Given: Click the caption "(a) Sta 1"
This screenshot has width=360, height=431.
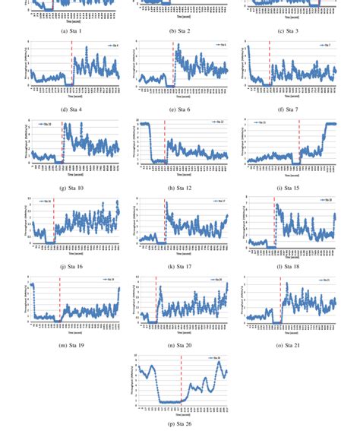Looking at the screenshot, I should coord(72,30).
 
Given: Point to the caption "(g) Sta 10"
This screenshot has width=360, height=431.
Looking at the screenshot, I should coord(72,188).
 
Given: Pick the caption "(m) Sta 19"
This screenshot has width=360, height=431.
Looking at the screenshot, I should coord(72,345).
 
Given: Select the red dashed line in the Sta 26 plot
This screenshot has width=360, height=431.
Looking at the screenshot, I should coord(182,380).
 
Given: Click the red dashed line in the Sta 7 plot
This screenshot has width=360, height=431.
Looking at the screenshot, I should coord(269,65).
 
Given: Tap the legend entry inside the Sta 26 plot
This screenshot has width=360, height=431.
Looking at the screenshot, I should coord(216,358).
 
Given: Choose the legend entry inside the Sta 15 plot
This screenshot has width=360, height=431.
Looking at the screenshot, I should coord(261,122).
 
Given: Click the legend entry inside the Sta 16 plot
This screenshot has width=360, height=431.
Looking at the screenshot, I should coord(46,201).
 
